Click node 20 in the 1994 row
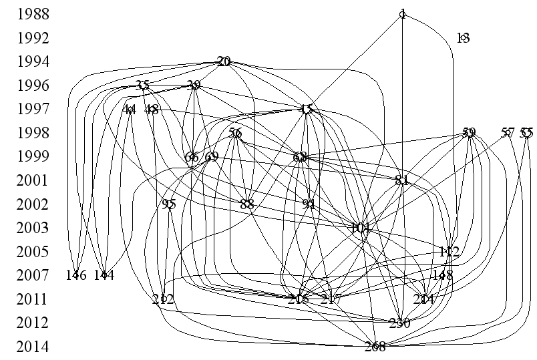(224, 61)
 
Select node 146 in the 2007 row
(76, 275)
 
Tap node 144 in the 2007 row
(104, 275)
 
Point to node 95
(168, 204)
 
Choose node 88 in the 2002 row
(247, 204)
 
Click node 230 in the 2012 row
(399, 323)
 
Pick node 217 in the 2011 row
(331, 299)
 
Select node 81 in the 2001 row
(401, 180)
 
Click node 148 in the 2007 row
(443, 275)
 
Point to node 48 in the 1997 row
(152, 110)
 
